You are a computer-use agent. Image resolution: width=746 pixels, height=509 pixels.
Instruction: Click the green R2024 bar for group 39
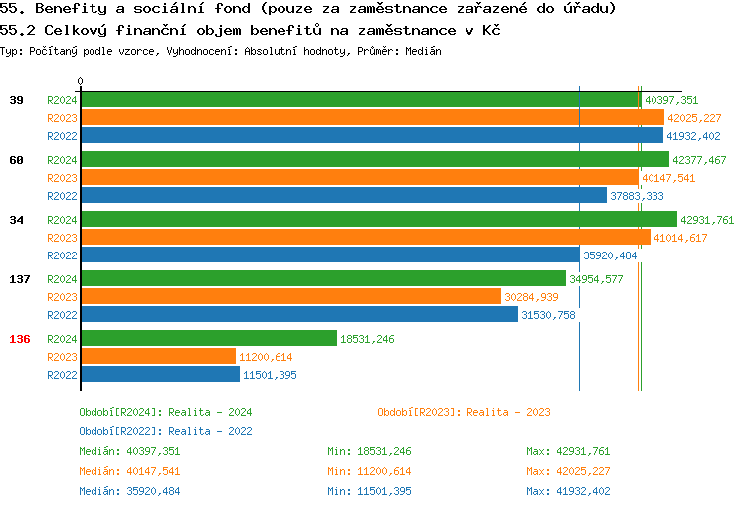pos(360,100)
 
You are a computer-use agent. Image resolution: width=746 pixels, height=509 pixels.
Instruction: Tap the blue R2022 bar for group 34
pos(329,255)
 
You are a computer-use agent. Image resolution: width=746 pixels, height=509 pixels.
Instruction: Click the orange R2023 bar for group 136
pos(157,357)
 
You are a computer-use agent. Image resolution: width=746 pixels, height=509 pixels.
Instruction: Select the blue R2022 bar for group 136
pos(159,375)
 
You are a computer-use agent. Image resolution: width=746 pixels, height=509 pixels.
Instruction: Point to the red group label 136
pos(20,339)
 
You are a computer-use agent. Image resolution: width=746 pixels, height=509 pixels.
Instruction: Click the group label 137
pos(20,279)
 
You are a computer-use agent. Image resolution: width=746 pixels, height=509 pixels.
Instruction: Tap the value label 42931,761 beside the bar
pos(707,220)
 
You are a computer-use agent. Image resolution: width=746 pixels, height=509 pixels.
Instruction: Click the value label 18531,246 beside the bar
pos(367,339)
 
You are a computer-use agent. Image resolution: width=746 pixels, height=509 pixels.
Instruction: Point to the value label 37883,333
pos(638,196)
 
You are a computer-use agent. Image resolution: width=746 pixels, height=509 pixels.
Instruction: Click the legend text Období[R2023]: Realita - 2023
pos(464,412)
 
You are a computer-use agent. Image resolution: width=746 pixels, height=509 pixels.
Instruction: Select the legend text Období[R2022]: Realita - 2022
pos(165,431)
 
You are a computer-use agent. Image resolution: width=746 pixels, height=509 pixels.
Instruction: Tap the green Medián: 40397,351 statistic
pos(129,451)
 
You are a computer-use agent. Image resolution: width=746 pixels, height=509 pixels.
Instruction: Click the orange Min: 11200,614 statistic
pos(369,471)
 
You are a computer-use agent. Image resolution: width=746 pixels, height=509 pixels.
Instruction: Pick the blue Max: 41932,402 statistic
pos(568,491)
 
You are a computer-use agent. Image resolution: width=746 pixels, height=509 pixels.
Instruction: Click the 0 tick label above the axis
pos(81,82)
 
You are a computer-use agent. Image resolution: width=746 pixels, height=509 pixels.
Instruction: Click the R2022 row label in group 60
pos(62,196)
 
